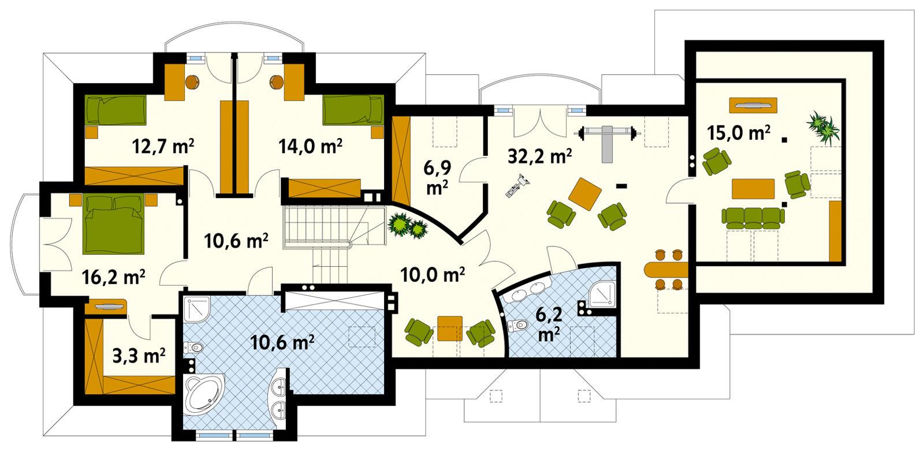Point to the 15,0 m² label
tap(738, 133)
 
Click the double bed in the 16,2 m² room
tap(113, 222)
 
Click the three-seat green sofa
tap(752, 216)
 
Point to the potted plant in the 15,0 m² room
tap(823, 128)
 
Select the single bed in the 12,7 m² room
tap(115, 109)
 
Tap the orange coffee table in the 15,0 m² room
tap(752, 189)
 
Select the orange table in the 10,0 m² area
tap(448, 327)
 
